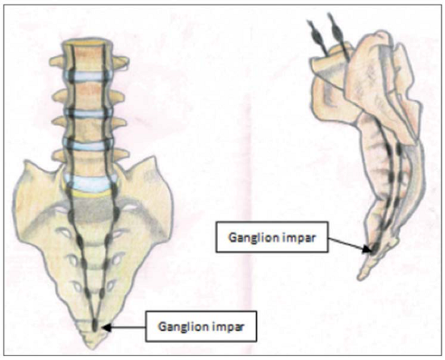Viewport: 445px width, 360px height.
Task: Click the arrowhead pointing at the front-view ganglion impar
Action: (x=107, y=328)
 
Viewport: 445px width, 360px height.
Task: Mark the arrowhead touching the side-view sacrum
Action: (x=368, y=249)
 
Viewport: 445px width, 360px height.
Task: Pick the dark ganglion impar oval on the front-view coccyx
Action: (x=95, y=325)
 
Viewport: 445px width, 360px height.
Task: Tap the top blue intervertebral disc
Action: (x=87, y=76)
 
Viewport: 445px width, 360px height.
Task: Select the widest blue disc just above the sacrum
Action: (x=91, y=182)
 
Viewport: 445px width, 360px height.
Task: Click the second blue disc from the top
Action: (x=88, y=113)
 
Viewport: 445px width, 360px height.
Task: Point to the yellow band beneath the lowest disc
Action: (x=90, y=193)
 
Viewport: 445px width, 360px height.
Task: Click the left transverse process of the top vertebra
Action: (x=57, y=61)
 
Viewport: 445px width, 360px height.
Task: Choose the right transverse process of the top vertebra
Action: (x=121, y=62)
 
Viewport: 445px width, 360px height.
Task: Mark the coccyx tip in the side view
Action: (x=360, y=277)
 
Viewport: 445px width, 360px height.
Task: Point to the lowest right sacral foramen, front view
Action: (x=112, y=285)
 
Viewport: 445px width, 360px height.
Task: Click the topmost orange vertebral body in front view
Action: (x=87, y=57)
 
